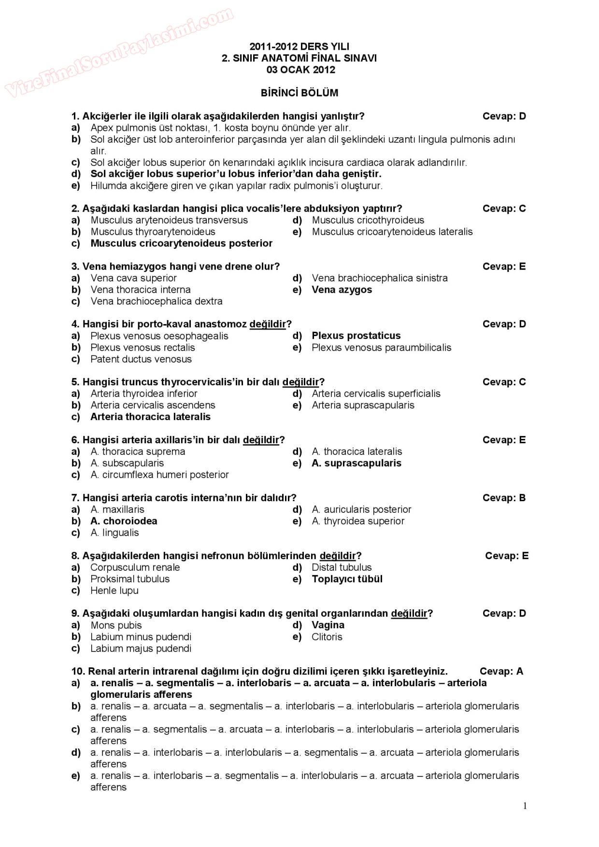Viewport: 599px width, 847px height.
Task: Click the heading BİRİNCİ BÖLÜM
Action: point(299,93)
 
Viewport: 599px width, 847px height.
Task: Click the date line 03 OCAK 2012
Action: point(300,70)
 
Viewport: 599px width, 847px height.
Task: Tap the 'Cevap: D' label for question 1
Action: point(504,116)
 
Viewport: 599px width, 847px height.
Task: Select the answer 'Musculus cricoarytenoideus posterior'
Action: point(181,243)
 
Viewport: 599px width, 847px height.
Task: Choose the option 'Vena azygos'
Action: point(342,290)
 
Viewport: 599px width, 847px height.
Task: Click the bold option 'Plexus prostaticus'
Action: point(356,336)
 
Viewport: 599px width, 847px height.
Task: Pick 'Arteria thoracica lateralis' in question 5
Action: point(150,417)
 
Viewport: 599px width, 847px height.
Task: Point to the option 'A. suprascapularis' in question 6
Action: point(357,463)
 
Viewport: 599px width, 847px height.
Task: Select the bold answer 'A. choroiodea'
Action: point(124,521)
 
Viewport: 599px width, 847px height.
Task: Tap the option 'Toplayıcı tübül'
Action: point(347,579)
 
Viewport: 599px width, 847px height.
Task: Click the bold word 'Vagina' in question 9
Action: point(328,625)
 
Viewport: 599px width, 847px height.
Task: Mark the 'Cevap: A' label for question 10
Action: point(501,671)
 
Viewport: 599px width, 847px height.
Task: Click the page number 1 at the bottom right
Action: point(525,805)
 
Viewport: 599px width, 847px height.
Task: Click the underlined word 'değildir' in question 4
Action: point(268,324)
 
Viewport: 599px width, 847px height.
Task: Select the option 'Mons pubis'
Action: point(116,625)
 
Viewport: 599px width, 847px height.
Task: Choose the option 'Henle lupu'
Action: point(114,591)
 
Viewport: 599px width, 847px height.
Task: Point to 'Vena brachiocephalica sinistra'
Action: point(380,278)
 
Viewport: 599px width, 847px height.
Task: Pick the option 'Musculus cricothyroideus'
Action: point(368,220)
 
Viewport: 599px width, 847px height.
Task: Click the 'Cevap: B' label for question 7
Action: point(504,498)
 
